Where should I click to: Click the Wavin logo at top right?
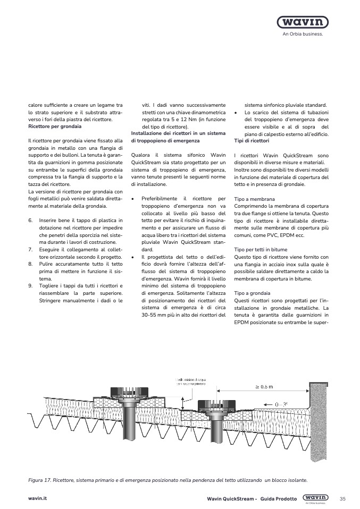click(302, 22)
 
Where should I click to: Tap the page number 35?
click(342, 498)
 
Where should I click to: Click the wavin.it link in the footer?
click(38, 499)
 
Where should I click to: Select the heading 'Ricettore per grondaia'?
click(54, 127)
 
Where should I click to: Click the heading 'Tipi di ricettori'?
click(252, 141)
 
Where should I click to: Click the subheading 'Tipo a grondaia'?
click(252, 293)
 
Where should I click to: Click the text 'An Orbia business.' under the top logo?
click(302, 33)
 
